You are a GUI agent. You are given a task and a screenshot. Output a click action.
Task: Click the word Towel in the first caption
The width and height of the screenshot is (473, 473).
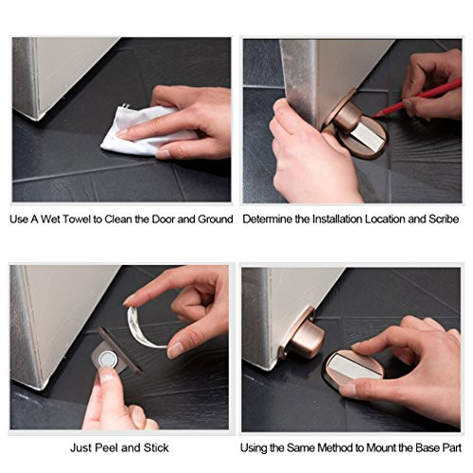pyautogui.click(x=73, y=219)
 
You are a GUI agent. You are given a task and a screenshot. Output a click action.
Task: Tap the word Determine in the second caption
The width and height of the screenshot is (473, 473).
pyautogui.click(x=270, y=219)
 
